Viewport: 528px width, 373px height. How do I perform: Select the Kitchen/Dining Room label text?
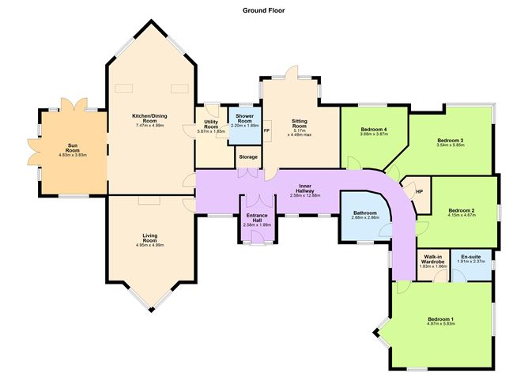149,119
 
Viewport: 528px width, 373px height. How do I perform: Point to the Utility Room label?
210,124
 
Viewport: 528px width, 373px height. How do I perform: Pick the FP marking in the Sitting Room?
266,130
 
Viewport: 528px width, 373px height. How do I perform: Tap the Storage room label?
247,157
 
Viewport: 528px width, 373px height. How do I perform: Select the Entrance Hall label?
256,216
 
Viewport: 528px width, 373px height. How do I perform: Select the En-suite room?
471,256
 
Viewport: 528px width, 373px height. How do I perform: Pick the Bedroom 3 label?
451,141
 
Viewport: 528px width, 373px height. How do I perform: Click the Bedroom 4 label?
372,130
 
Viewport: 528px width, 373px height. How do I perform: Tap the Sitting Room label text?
299,123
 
